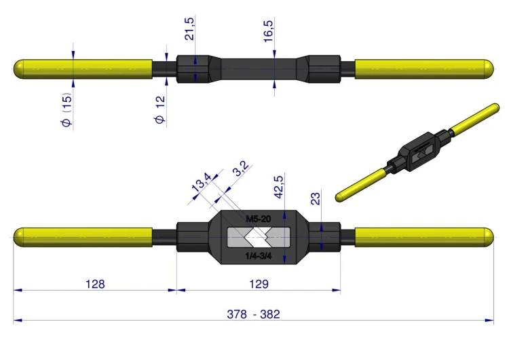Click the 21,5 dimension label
point(189,29)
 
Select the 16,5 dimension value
point(269,31)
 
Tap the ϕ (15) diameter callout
point(67,110)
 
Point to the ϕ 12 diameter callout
point(160,109)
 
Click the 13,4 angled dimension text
point(202,182)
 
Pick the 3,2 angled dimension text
point(242,168)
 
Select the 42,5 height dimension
point(279,187)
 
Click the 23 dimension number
point(316,198)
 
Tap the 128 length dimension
point(95,284)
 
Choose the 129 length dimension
point(259,284)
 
